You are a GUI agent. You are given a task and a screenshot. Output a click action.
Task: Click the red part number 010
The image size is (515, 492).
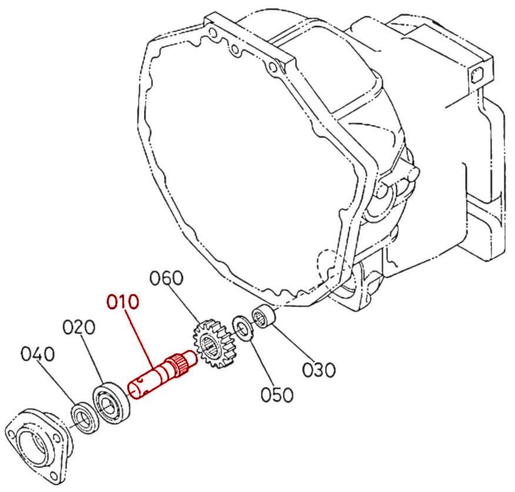pos(123,302)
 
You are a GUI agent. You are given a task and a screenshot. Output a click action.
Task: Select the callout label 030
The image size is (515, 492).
pos(319,370)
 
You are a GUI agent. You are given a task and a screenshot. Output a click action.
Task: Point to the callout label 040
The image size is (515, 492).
pos(38,354)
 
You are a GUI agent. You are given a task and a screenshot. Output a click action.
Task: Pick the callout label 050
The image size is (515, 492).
pos(276,395)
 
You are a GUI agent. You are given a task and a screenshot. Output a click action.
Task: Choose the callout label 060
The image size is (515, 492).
pos(166,277)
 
